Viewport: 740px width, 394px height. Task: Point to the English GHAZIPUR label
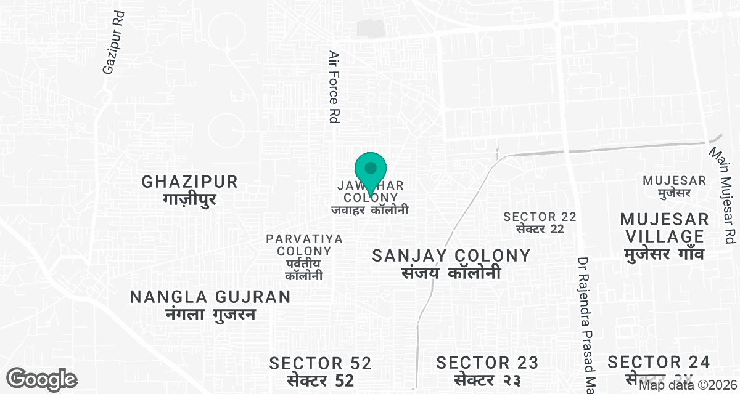point(189,182)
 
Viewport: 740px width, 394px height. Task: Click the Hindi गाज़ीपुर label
point(189,199)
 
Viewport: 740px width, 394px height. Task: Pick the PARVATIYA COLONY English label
point(304,244)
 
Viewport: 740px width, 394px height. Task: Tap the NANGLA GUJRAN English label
point(210,297)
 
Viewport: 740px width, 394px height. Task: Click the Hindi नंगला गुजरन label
point(210,315)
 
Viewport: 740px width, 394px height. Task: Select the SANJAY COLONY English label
point(451,255)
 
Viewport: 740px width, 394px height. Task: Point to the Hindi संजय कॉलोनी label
point(451,273)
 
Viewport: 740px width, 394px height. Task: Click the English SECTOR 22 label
point(540,217)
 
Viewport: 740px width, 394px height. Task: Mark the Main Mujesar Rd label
point(723,193)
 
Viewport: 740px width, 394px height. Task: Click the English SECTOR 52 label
point(320,363)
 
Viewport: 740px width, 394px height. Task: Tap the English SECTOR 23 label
point(487,363)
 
